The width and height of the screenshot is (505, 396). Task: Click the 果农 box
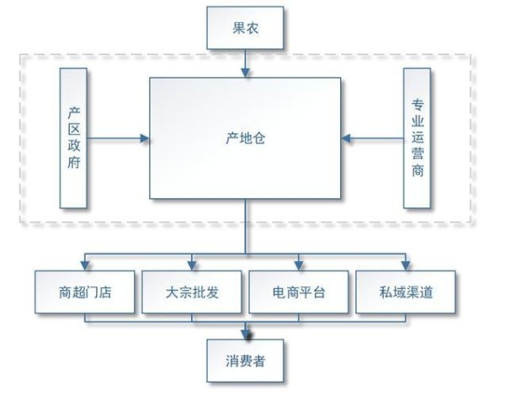pyautogui.click(x=246, y=27)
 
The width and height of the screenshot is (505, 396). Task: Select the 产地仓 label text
pyautogui.click(x=246, y=136)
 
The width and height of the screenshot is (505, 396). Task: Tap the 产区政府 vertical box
pyautogui.click(x=74, y=137)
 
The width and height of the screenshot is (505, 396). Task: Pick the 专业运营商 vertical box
pyautogui.click(x=417, y=137)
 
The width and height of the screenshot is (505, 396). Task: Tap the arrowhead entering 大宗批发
pyautogui.click(x=193, y=265)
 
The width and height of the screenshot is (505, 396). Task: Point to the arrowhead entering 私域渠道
pyautogui.click(x=406, y=265)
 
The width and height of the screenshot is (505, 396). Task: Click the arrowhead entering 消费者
pyautogui.click(x=246, y=335)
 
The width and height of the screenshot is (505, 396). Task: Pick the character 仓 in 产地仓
pyautogui.click(x=260, y=136)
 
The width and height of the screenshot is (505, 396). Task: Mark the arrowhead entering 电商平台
pyautogui.click(x=299, y=265)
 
